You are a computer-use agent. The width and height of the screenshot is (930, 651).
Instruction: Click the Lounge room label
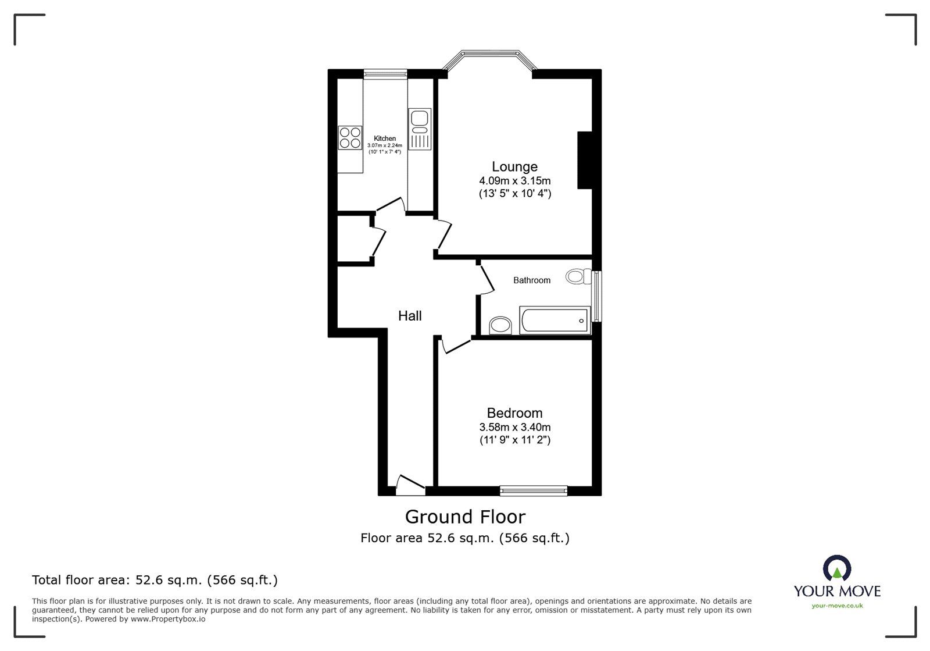tap(514, 167)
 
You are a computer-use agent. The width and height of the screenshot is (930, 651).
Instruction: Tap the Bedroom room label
tap(514, 413)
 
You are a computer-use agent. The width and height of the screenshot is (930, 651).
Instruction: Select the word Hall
tap(410, 316)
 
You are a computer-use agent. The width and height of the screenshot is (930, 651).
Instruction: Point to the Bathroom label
tap(531, 280)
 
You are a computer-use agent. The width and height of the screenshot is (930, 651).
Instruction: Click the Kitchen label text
tap(385, 138)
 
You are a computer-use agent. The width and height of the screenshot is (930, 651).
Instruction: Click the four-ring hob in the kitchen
tap(350, 137)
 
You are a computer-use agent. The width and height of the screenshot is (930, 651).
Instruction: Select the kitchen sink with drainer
tap(419, 129)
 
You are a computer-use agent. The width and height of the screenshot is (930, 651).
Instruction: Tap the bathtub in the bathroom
tap(555, 321)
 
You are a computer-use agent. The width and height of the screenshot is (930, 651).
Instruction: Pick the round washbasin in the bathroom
tap(500, 325)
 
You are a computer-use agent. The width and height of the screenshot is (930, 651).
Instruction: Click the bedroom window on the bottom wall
tap(534, 491)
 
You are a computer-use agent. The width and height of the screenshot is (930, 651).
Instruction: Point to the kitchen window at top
tap(385, 73)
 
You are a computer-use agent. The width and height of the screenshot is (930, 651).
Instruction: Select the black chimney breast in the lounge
tap(584, 160)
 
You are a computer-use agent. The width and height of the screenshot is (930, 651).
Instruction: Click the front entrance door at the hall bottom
tap(410, 486)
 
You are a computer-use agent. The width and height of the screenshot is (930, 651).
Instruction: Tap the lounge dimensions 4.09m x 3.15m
tap(514, 181)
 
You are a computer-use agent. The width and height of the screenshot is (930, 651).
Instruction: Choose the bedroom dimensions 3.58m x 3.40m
tap(514, 427)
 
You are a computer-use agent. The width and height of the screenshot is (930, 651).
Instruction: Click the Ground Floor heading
tap(465, 517)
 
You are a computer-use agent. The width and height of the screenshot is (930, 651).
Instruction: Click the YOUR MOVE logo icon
tap(837, 568)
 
